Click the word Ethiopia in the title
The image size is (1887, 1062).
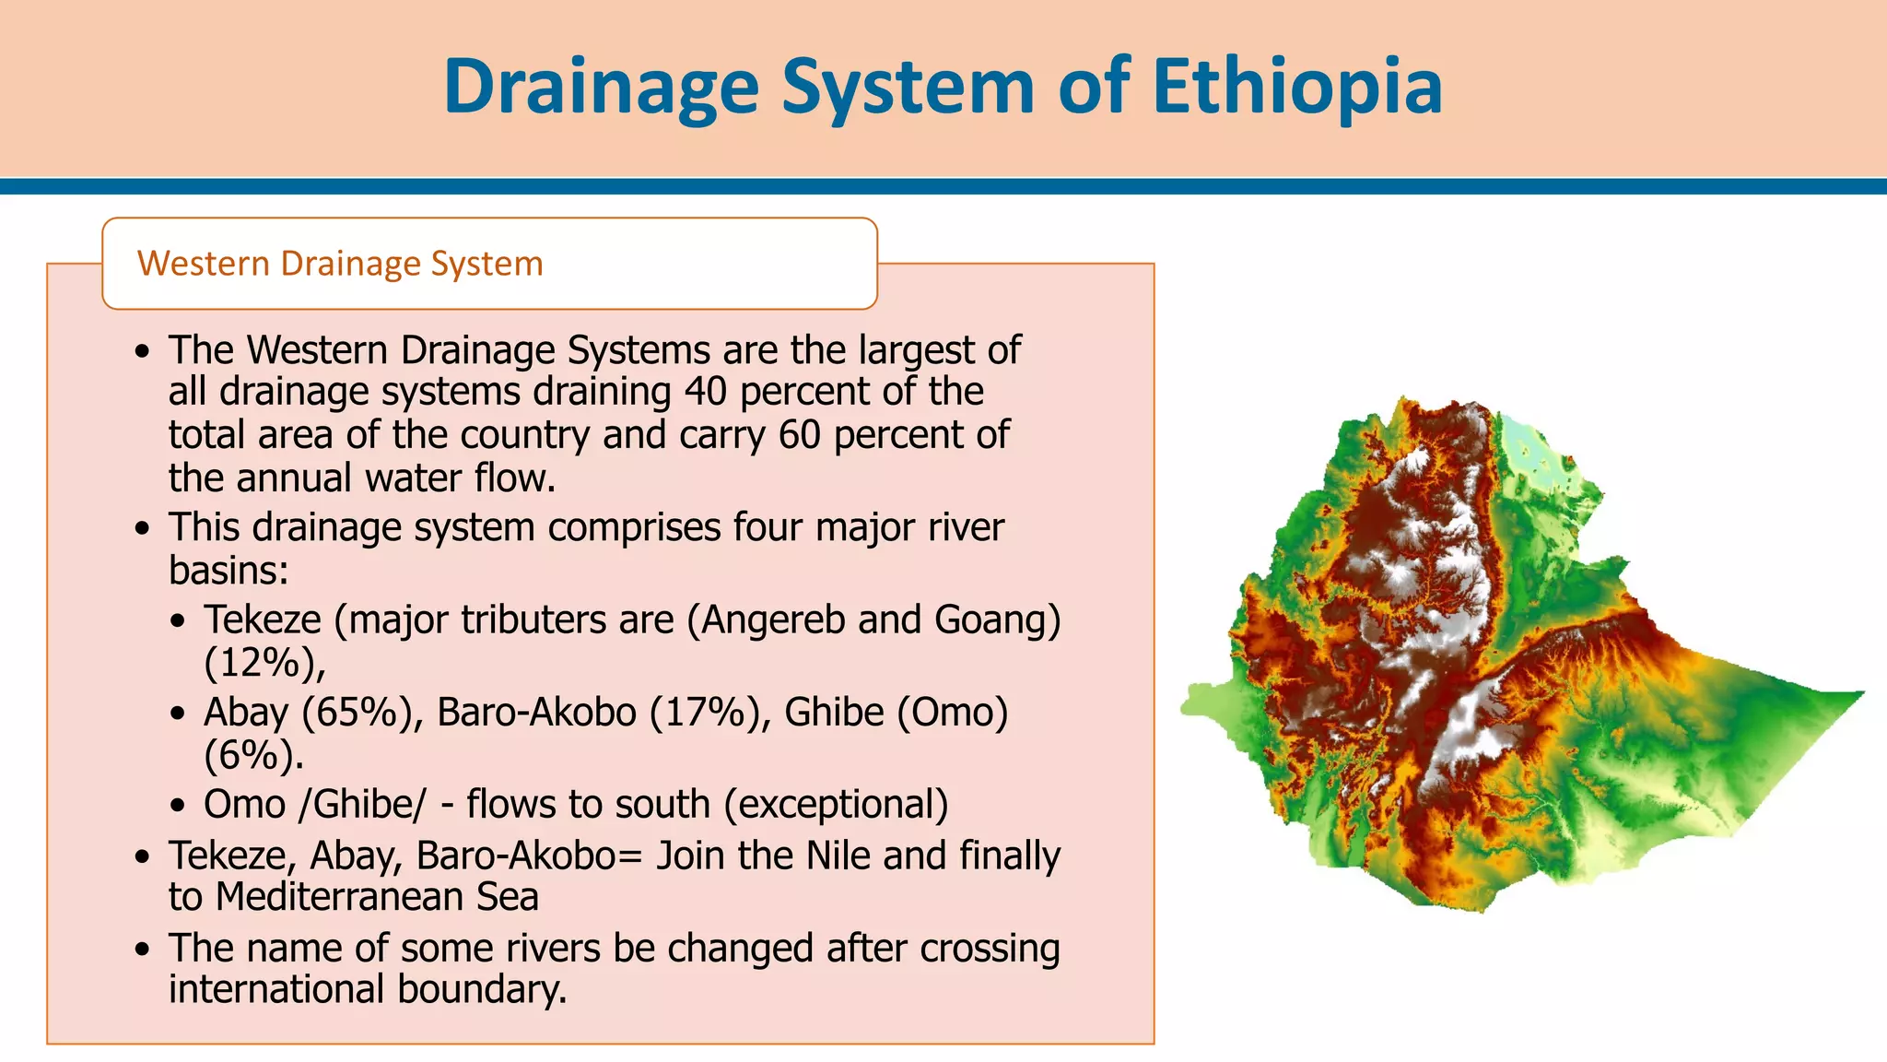coord(1297,86)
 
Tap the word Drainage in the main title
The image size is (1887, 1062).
coord(601,86)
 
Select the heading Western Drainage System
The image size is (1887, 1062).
coord(340,264)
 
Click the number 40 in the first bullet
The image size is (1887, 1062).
coord(705,392)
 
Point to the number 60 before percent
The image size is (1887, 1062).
coord(799,435)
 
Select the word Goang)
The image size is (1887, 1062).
coord(997,619)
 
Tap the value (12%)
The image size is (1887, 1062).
coord(264,663)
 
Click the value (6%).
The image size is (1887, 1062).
coord(252,755)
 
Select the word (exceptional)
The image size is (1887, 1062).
coord(836,805)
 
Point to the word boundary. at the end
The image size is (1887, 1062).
coord(482,989)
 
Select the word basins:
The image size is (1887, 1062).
coord(229,571)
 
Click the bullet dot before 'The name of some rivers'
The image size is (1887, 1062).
coord(141,949)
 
